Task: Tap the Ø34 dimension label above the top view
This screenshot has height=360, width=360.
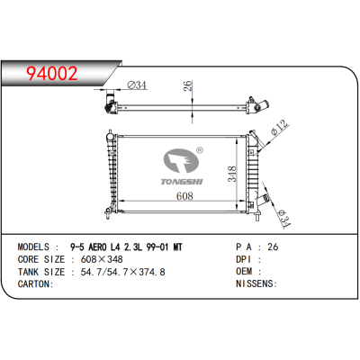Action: click(x=137, y=86)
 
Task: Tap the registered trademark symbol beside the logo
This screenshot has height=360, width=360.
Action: click(x=201, y=150)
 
